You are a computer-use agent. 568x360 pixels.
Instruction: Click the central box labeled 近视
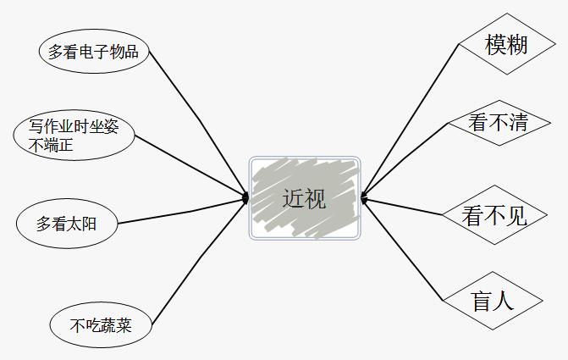coord(305,197)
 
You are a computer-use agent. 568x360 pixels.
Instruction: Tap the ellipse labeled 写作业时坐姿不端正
coord(74,136)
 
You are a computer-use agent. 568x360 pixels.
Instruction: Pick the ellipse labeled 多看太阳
coord(67,224)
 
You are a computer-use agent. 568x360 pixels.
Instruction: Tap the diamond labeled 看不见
coord(494,215)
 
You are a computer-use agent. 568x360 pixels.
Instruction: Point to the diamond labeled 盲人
coord(493,301)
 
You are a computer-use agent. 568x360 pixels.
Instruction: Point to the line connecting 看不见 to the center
coord(402,206)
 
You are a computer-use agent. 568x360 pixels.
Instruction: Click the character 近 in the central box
coord(293,198)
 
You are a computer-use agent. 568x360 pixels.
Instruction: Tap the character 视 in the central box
coord(315,198)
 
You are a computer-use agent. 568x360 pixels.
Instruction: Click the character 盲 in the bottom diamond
coord(482,301)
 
